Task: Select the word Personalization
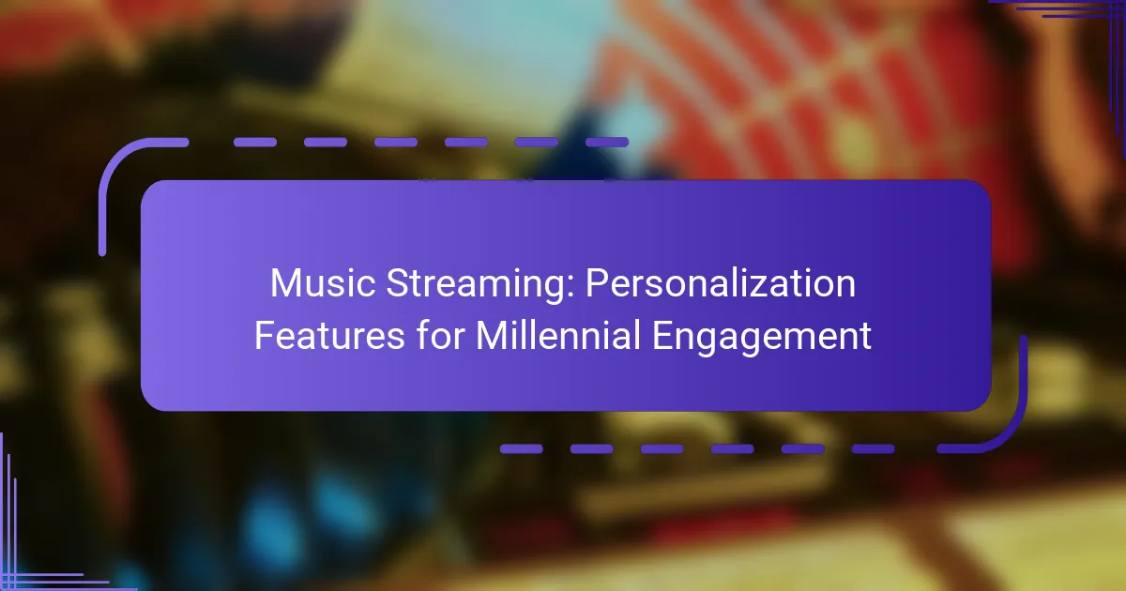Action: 721,283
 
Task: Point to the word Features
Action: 329,335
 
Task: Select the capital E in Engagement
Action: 662,335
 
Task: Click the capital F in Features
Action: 265,335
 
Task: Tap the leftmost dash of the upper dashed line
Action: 255,143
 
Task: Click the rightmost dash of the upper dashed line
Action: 607,143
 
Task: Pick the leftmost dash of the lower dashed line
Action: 522,448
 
